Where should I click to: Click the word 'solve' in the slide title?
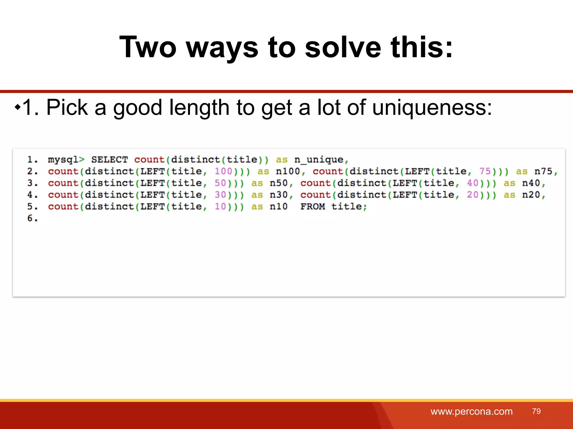coord(343,47)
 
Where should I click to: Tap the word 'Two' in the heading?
coord(148,47)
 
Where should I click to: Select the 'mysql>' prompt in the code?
coord(66,160)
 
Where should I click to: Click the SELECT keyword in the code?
coord(109,160)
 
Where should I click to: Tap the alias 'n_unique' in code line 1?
coord(319,160)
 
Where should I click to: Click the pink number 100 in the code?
coord(224,171)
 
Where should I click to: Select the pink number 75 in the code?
coord(485,171)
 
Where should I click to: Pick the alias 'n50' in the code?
coord(279,183)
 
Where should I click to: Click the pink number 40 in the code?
coord(473,183)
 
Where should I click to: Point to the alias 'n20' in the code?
coord(531,195)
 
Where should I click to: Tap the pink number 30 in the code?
coord(220,195)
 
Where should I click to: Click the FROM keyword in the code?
coord(313,207)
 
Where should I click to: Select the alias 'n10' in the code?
coord(279,207)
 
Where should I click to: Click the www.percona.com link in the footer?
coord(471,411)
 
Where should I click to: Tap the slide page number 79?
coord(536,411)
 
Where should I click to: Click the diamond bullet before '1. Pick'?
coord(18,107)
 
